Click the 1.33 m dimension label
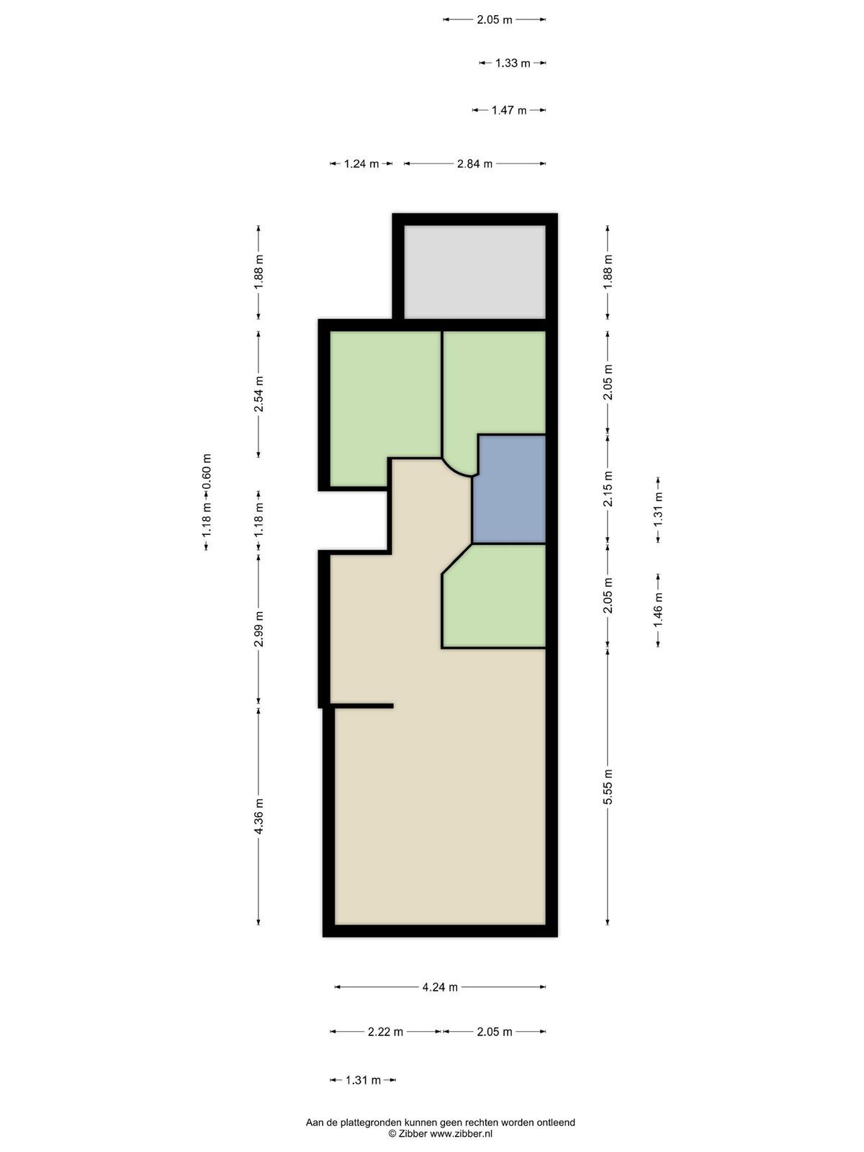pos(513,63)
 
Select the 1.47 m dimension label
pos(509,110)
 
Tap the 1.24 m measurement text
pos(361,163)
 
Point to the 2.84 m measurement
pos(474,163)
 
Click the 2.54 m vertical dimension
pos(258,394)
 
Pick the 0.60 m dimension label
pos(207,471)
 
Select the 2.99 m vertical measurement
pos(258,629)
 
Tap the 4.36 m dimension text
pos(258,815)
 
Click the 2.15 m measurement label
pos(608,489)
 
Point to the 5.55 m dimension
pos(608,786)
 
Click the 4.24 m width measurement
pos(440,987)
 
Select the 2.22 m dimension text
pos(386,1032)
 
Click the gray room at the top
pos(474,272)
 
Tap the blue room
pos(510,489)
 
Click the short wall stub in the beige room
pos(363,706)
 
